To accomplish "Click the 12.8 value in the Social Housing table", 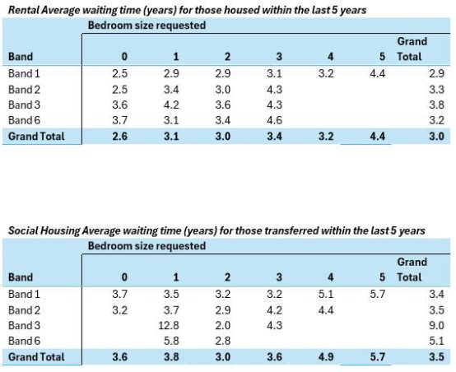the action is pyautogui.click(x=169, y=325).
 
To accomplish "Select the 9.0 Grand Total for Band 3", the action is pyautogui.click(x=436, y=325).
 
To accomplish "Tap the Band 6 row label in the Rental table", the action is pyautogui.click(x=24, y=120).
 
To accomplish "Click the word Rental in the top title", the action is pyautogui.click(x=24, y=10).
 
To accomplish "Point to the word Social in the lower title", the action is pyautogui.click(x=23, y=230).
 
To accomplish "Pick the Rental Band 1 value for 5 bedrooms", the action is pyautogui.click(x=378, y=73).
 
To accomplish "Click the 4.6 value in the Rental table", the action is pyautogui.click(x=275, y=120).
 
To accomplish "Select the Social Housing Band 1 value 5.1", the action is pyautogui.click(x=326, y=294).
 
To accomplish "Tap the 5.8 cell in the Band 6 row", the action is pyautogui.click(x=171, y=341).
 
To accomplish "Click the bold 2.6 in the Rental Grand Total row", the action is pyautogui.click(x=120, y=136).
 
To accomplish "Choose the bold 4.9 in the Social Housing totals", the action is pyautogui.click(x=326, y=357).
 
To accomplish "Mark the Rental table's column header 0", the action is pyautogui.click(x=124, y=57).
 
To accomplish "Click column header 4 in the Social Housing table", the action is pyautogui.click(x=330, y=277).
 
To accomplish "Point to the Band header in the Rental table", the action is pyautogui.click(x=21, y=57).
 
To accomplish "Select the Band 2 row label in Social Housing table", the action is pyautogui.click(x=24, y=310).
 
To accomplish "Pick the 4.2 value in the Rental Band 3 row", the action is pyautogui.click(x=171, y=105).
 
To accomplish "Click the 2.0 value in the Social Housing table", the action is pyautogui.click(x=223, y=325).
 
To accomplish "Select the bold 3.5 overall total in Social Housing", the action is pyautogui.click(x=436, y=357).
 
